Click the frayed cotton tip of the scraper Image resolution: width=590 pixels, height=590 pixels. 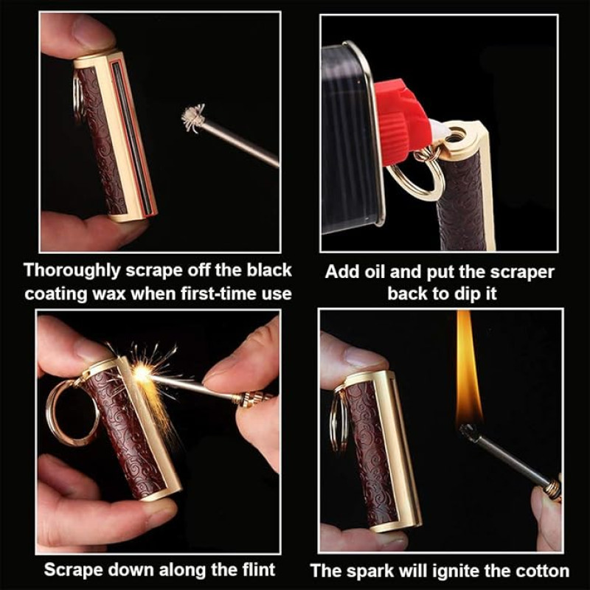pos(193,118)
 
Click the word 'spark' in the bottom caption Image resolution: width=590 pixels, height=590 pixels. pos(370,572)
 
